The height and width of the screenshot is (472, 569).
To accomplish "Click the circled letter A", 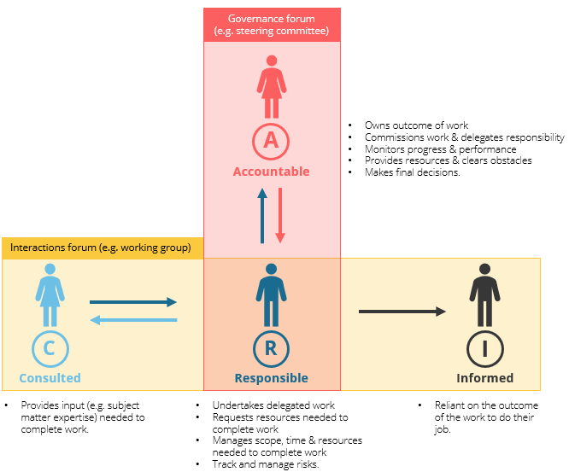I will coord(272,140).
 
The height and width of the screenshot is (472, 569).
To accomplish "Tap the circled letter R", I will coord(272,347).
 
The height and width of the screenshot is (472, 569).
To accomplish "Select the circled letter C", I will coord(50,347).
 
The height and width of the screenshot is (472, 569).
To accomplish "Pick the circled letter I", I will coord(484,347).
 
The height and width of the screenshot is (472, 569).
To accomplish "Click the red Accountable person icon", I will coord(272,87).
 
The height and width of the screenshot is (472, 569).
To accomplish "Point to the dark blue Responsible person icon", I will coord(272,294).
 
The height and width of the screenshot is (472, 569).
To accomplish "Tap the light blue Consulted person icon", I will coord(50,294).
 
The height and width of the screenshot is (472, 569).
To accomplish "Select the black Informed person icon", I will coord(484,294).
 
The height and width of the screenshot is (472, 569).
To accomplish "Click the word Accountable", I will coord(272,172).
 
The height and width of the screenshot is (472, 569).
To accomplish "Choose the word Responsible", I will coord(272,378).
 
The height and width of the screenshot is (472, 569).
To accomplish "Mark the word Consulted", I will coord(50,378).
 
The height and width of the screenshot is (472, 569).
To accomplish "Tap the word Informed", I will coord(484,378).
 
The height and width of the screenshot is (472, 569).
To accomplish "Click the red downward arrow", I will coord(280,217).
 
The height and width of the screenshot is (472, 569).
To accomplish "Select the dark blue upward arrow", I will coord(263,217).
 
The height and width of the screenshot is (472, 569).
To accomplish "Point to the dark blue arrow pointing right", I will coord(133,301).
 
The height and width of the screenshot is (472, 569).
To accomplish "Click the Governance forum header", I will coord(272,25).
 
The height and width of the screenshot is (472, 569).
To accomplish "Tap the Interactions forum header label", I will coord(101,248).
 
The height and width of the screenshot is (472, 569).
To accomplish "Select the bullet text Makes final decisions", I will coord(413,172).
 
